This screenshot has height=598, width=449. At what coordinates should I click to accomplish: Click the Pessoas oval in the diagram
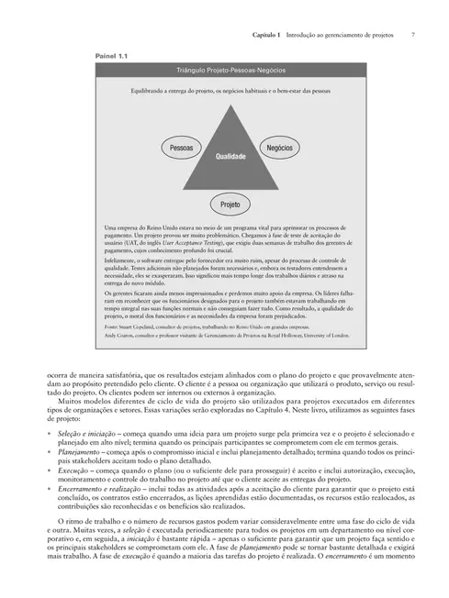182,147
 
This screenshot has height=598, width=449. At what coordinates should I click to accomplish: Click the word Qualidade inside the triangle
230,157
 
